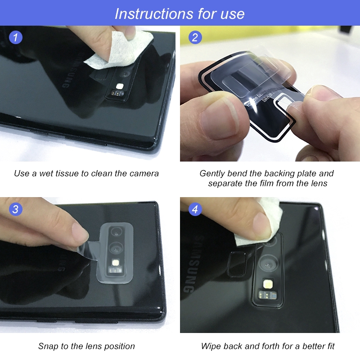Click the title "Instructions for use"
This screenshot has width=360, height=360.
pos(180,13)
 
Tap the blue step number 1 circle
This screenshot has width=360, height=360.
pos(16,37)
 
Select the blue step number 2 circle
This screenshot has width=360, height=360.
pos(194,37)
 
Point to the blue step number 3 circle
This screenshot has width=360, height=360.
pos(16,209)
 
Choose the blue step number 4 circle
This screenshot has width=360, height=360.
pos(194,209)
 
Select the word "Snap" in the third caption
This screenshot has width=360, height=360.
pos(48,346)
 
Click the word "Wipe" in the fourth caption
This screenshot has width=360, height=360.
pos(211,346)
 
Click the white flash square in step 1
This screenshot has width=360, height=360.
pos(120,86)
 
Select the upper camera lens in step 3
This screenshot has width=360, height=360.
pos(117,232)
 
